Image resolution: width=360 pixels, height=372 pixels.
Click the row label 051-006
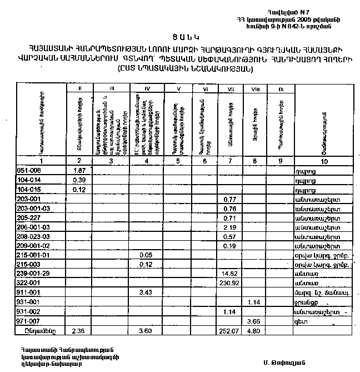pyautogui.click(x=29, y=170)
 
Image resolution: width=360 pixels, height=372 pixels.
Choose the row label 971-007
pyautogui.click(x=29, y=321)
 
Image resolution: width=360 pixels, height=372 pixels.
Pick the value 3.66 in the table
pyautogui.click(x=254, y=321)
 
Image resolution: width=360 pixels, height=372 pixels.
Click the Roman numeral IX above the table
pyautogui.click(x=281, y=89)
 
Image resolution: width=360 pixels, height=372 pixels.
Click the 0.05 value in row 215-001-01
pyautogui.click(x=145, y=255)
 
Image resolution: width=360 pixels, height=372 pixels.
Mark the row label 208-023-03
pyautogui.click(x=32, y=236)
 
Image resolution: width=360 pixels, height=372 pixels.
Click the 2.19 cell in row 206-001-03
pyautogui.click(x=229, y=227)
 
